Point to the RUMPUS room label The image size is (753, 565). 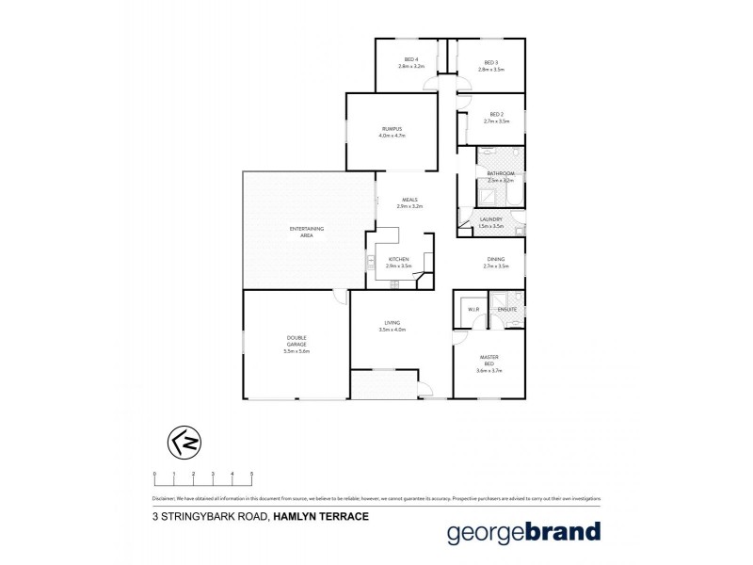pyautogui.click(x=392, y=128)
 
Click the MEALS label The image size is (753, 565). pyautogui.click(x=409, y=200)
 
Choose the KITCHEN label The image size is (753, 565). pyautogui.click(x=399, y=259)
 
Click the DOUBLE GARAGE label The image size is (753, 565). pyautogui.click(x=296, y=341)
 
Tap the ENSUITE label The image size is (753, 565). pyautogui.click(x=506, y=309)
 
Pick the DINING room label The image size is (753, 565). pyautogui.click(x=495, y=259)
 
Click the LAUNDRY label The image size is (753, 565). pyautogui.click(x=490, y=219)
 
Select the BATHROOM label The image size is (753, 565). pyautogui.click(x=501, y=173)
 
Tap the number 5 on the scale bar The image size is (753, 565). pyautogui.click(x=251, y=473)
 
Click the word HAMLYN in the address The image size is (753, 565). pyautogui.click(x=300, y=516)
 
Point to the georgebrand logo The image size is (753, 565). pyautogui.click(x=522, y=531)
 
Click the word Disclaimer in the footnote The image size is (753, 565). pyautogui.click(x=165, y=498)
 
